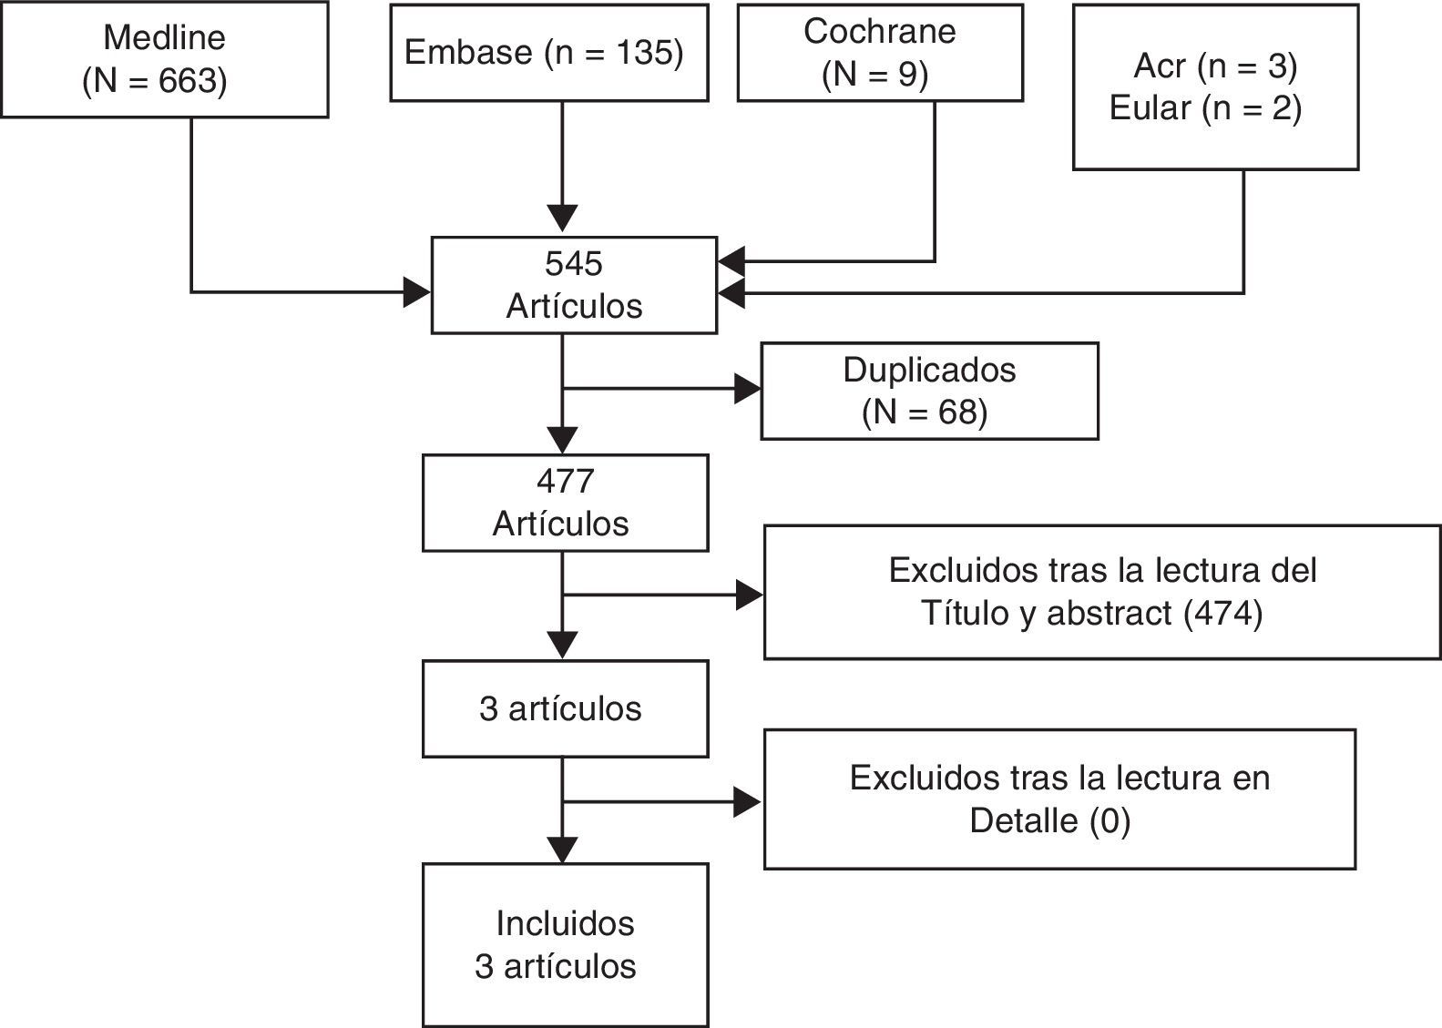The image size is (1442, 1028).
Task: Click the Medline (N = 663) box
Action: (164, 59)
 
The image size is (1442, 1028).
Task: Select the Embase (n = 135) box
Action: (548, 53)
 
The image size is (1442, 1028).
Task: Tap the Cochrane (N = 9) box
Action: (879, 53)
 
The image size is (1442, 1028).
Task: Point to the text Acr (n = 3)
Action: (1215, 66)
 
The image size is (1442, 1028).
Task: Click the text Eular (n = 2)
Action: (1205, 108)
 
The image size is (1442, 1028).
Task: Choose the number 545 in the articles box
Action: (574, 264)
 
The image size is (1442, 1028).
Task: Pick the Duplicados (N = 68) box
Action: (929, 391)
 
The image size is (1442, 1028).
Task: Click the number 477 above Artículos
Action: (565, 481)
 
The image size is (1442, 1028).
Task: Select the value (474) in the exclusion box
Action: (1222, 614)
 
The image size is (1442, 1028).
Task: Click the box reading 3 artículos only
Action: (565, 709)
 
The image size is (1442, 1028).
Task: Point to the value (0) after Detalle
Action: (1110, 821)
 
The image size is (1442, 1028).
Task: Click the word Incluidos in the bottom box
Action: (565, 923)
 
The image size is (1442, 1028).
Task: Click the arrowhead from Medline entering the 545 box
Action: (418, 292)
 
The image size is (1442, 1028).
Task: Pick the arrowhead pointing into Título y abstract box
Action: (750, 595)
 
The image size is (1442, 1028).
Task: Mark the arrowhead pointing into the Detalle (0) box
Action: (748, 802)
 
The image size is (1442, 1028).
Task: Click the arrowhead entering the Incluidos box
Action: (563, 850)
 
